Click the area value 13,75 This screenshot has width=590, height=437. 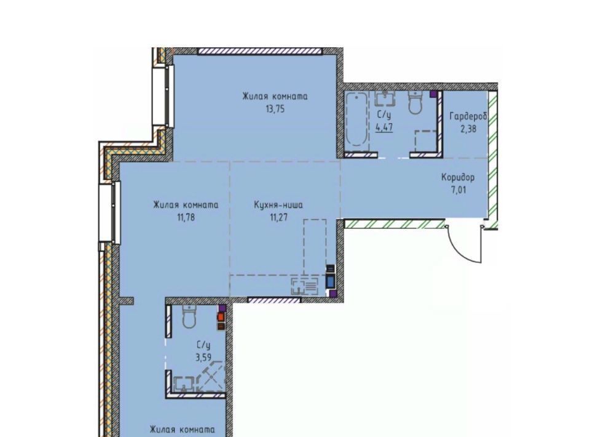click(275, 110)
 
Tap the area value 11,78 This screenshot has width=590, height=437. click(186, 217)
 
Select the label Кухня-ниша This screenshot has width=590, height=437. click(278, 206)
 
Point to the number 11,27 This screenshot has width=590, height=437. click(278, 217)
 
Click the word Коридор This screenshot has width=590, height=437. click(458, 177)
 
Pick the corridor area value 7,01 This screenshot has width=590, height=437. click(458, 190)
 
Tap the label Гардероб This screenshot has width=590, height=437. click(468, 116)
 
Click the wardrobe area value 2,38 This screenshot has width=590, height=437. click(468, 129)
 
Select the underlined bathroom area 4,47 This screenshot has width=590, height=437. click(384, 127)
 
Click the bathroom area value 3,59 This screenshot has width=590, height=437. click(203, 357)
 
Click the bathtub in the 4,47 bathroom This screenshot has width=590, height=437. click(356, 119)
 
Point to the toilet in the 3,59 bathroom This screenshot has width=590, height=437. click(189, 316)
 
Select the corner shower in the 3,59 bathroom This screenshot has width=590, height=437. click(211, 377)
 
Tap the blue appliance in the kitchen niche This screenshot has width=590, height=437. click(331, 281)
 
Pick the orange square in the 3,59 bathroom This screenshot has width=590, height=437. click(221, 317)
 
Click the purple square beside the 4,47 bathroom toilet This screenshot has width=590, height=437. click(434, 94)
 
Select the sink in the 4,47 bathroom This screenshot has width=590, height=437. click(385, 98)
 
